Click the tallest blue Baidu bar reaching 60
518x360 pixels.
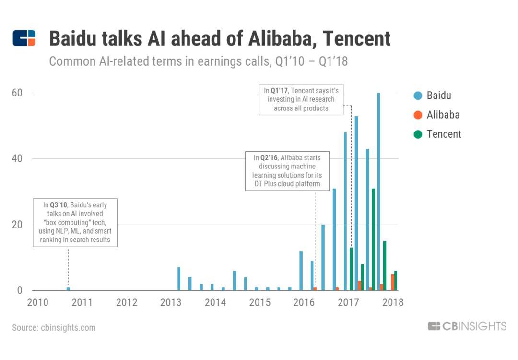tap(378, 192)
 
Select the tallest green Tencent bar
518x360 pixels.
tap(373, 240)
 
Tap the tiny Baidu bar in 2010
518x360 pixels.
tap(68, 288)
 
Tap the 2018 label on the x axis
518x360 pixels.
tap(393, 302)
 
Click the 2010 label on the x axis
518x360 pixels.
tap(38, 302)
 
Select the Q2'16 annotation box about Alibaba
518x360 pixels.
tap(287, 171)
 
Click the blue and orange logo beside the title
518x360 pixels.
tap(24, 38)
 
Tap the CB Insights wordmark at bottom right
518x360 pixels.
tap(467, 326)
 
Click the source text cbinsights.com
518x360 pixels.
tap(54, 328)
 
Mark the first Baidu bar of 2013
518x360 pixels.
tap(179, 279)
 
